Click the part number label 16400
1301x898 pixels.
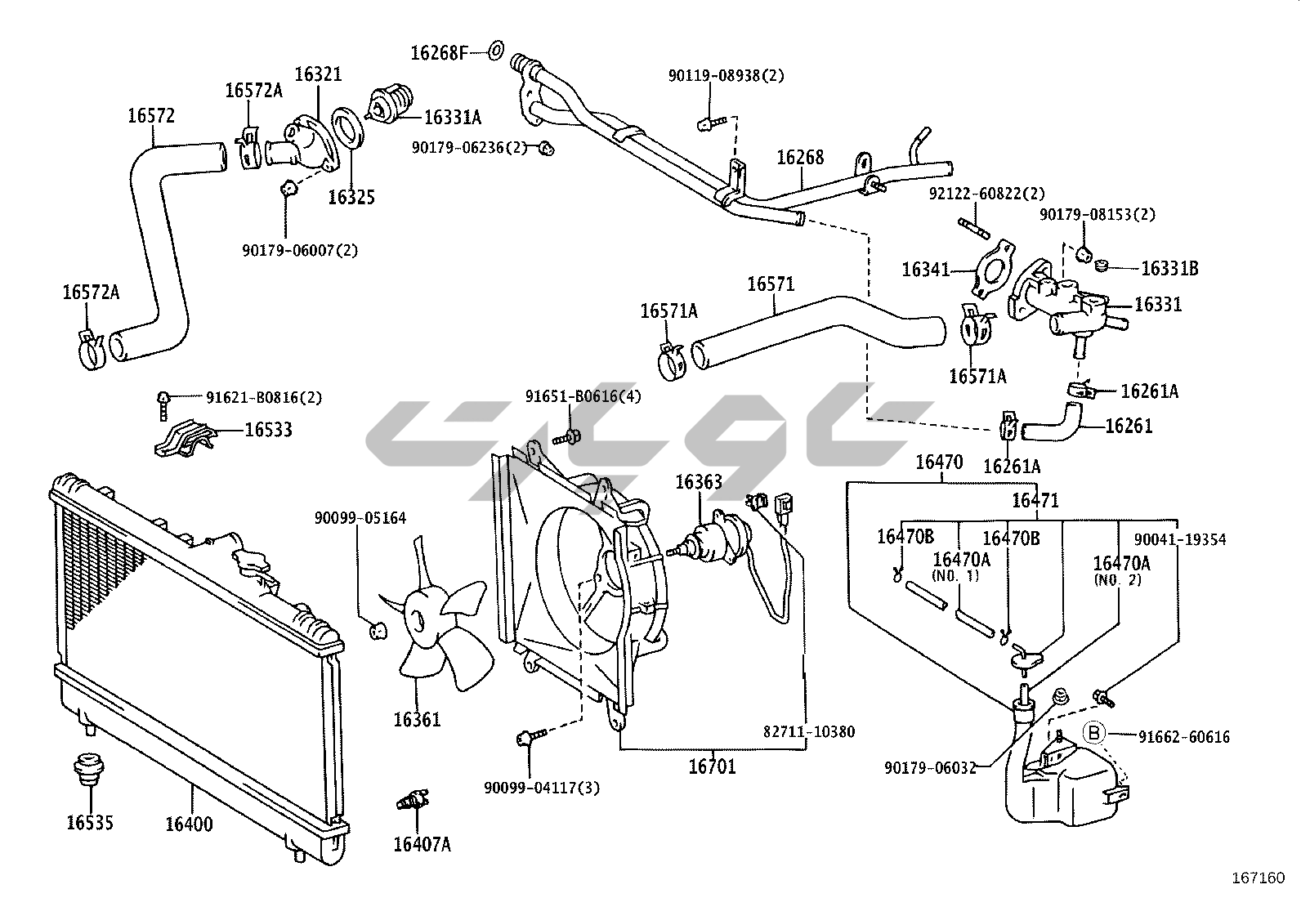pos(189,824)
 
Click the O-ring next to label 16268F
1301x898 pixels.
pos(496,51)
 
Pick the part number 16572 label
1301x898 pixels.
pos(151,116)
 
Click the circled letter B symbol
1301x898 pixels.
pos(1094,734)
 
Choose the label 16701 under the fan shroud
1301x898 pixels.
pos(712,767)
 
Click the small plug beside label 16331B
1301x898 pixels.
pos(1101,266)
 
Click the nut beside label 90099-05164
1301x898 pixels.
pos(378,630)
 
